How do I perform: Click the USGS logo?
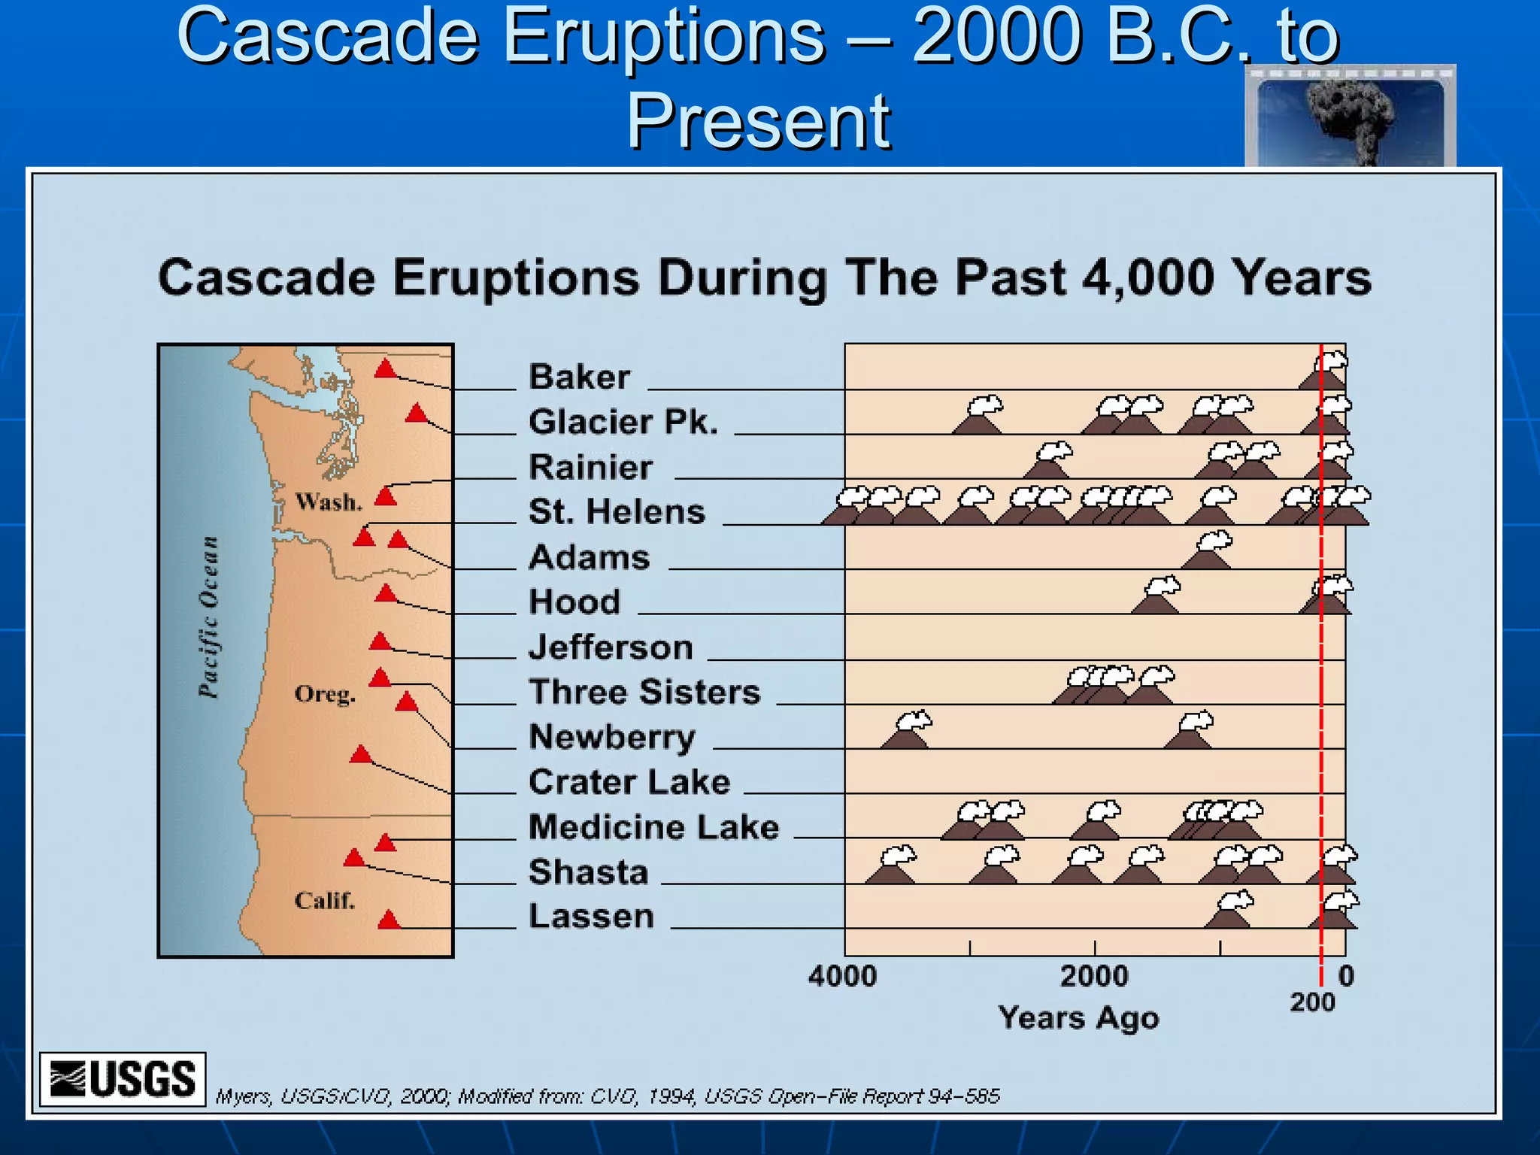pyautogui.click(x=123, y=1079)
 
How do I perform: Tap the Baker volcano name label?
pyautogui.click(x=579, y=377)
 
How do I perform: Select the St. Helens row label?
pyautogui.click(x=617, y=512)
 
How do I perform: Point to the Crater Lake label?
pyautogui.click(x=629, y=782)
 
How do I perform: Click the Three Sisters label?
pyautogui.click(x=644, y=692)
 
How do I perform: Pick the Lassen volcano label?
pyautogui.click(x=591, y=917)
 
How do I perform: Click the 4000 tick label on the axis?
pyautogui.click(x=842, y=976)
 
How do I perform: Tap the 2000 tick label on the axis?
pyautogui.click(x=1094, y=976)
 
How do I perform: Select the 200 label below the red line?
pyautogui.click(x=1312, y=1002)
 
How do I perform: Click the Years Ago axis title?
pyautogui.click(x=1078, y=1018)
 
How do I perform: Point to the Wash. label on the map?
pyautogui.click(x=329, y=502)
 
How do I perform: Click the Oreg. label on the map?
pyautogui.click(x=325, y=693)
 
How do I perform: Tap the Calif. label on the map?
pyautogui.click(x=324, y=900)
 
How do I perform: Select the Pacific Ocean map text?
pyautogui.click(x=208, y=617)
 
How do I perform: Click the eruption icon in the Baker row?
pyautogui.click(x=1324, y=371)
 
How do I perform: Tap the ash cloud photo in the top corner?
pyautogui.click(x=1350, y=117)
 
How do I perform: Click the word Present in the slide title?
pyautogui.click(x=758, y=120)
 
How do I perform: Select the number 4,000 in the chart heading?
pyautogui.click(x=1147, y=277)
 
